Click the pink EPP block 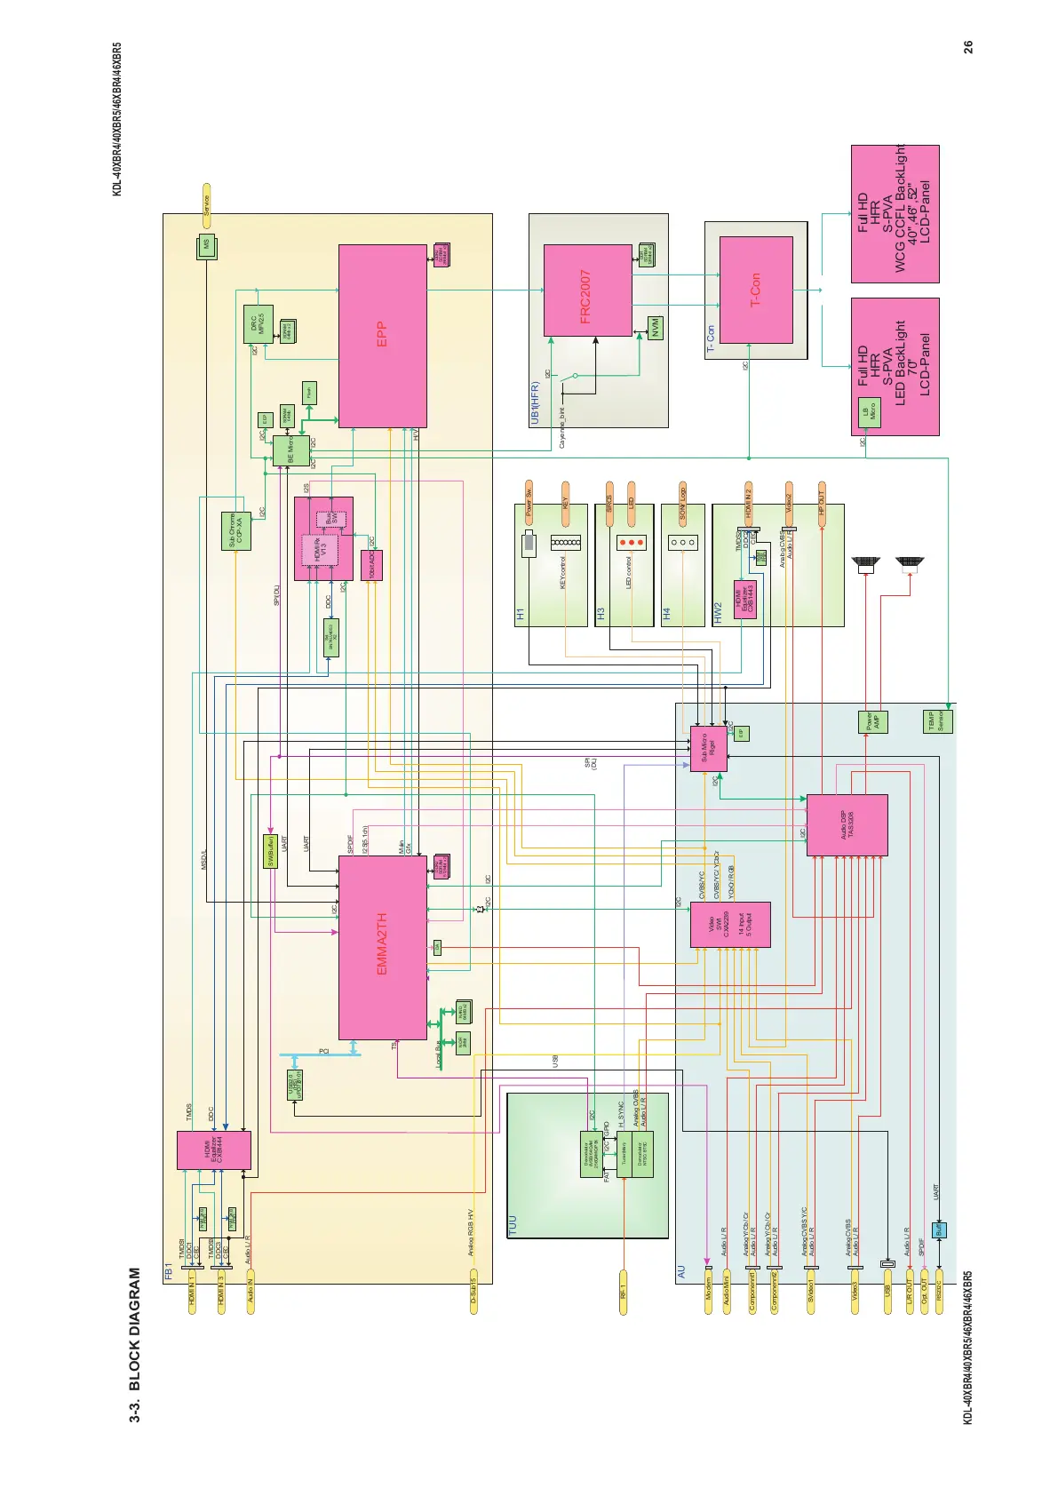(383, 335)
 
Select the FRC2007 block (587, 290)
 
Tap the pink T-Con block (755, 290)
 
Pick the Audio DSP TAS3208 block (847, 825)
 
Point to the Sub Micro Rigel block (708, 749)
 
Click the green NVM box (656, 328)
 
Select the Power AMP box (872, 721)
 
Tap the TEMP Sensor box (938, 721)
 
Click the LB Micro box (869, 413)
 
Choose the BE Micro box (291, 451)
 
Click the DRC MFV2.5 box (258, 324)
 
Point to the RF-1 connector (624, 1291)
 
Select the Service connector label (206, 205)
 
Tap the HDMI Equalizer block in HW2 (744, 600)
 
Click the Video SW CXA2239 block (730, 925)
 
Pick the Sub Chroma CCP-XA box (235, 531)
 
